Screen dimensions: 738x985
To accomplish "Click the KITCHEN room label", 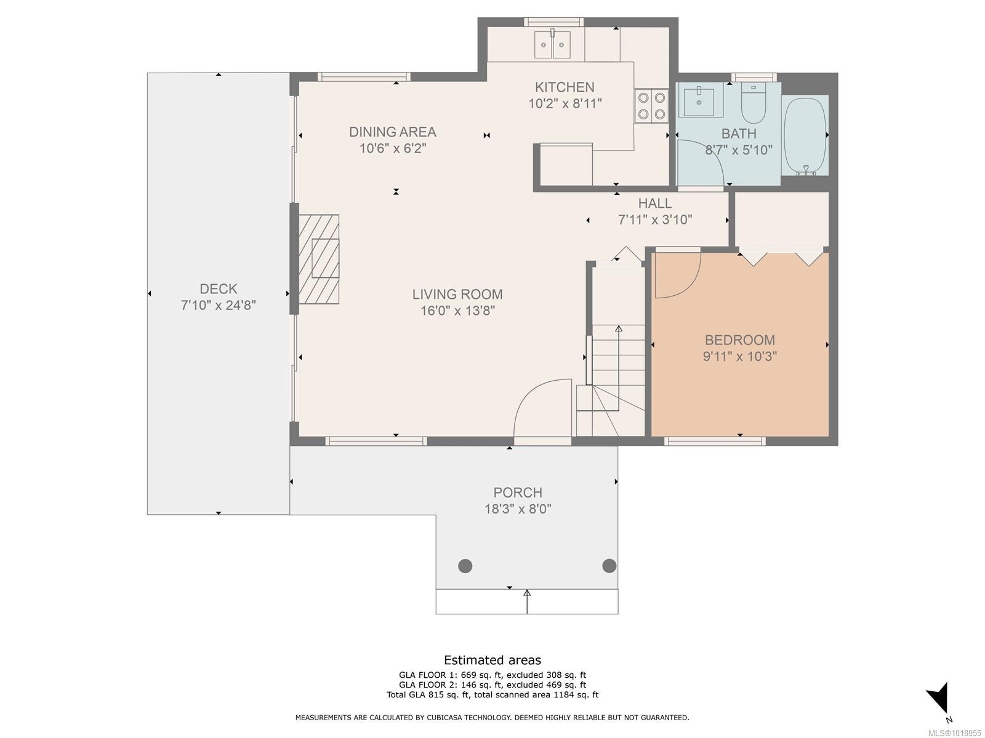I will [x=565, y=87].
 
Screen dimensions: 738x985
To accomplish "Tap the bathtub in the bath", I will [x=805, y=135].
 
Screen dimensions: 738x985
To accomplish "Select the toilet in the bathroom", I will [x=752, y=105].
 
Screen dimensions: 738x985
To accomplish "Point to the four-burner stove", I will [x=651, y=105].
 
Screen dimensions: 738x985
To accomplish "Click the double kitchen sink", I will [x=553, y=45].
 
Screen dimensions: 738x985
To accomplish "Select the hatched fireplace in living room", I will [x=319, y=259].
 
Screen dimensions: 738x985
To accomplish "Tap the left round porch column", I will [x=465, y=566].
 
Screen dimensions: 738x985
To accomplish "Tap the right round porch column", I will [x=609, y=566].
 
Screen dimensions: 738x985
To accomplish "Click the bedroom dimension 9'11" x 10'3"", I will [x=740, y=356].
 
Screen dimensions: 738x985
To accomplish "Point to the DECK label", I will [x=219, y=288].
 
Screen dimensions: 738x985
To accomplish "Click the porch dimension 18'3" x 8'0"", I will [x=518, y=509].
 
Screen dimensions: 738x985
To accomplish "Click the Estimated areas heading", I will [x=492, y=660].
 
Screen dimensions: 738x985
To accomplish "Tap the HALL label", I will [x=655, y=204].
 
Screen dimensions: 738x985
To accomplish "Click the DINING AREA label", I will [x=393, y=132].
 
